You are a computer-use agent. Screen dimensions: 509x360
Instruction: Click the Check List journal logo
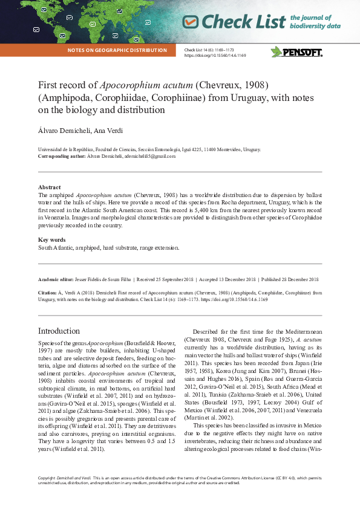(x=234, y=22)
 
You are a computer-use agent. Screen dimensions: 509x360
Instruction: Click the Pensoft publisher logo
(x=296, y=52)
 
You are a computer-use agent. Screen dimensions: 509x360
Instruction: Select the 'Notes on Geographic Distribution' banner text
(x=117, y=50)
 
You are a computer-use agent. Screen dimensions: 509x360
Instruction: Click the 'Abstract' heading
(x=49, y=187)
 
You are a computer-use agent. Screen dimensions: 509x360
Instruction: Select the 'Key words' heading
(x=51, y=240)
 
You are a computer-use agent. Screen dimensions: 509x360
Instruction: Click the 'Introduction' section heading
(x=59, y=331)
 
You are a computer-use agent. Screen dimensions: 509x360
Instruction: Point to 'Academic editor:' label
(x=55, y=279)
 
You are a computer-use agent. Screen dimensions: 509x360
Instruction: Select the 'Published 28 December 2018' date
(x=290, y=279)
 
